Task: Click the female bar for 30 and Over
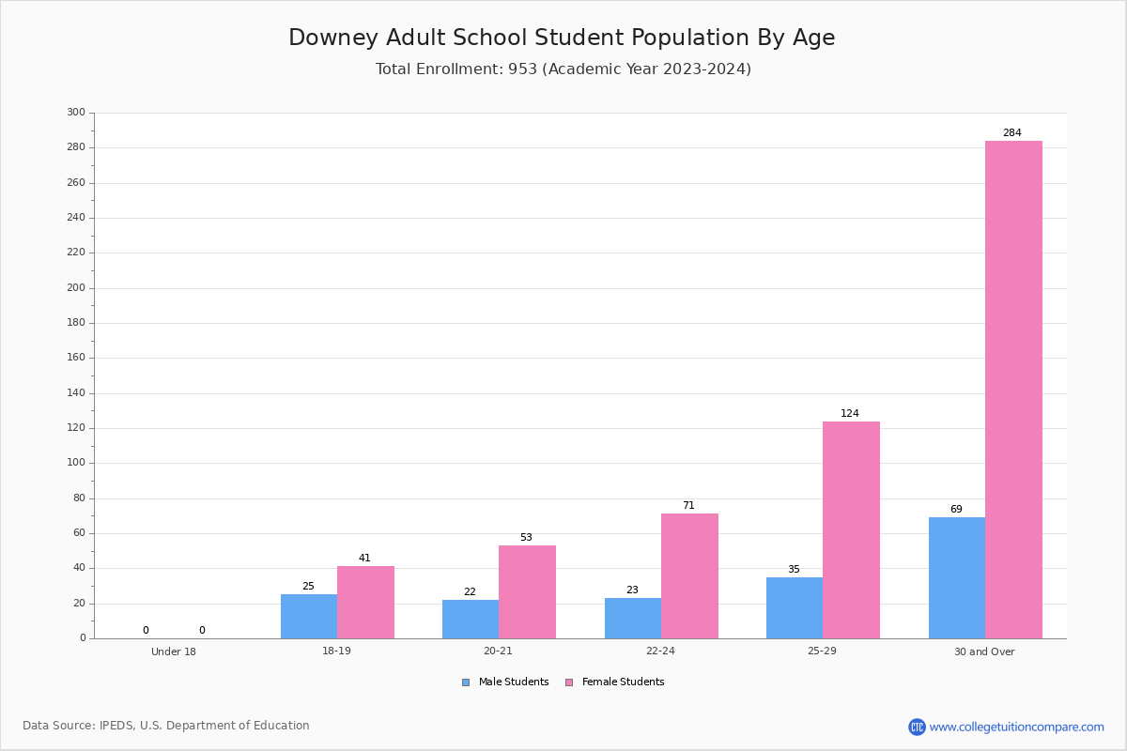(1013, 390)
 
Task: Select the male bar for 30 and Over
(957, 578)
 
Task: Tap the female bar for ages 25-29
(851, 530)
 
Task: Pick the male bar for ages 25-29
(795, 608)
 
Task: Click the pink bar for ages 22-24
(689, 576)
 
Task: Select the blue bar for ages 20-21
(471, 620)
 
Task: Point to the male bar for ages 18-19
(309, 617)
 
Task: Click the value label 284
(1012, 132)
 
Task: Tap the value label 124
(850, 413)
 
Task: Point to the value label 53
(526, 537)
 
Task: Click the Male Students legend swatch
(466, 682)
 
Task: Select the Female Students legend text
(623, 682)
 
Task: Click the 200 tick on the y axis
(76, 287)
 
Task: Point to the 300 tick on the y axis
(76, 112)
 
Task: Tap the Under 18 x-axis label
(174, 651)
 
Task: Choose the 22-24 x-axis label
(660, 651)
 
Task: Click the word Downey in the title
(333, 38)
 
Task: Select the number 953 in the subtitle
(523, 69)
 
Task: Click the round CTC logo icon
(917, 727)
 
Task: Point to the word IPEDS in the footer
(116, 726)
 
